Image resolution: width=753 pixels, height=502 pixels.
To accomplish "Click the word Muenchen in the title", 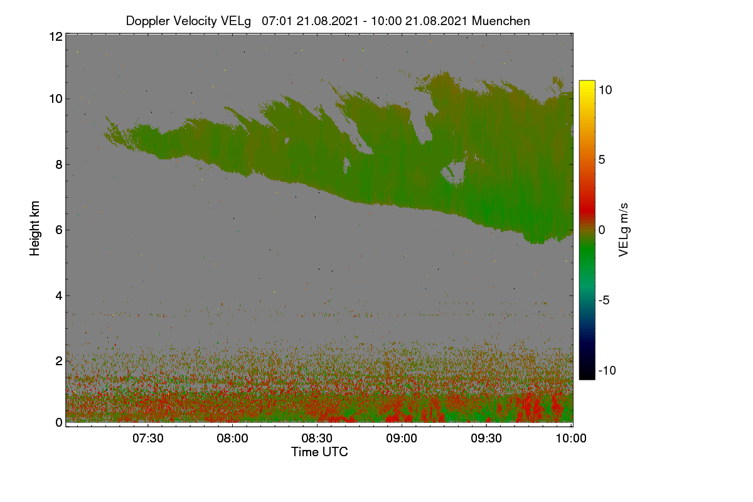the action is pyautogui.click(x=501, y=21).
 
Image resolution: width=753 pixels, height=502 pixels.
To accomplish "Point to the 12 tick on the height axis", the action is pyautogui.click(x=56, y=36).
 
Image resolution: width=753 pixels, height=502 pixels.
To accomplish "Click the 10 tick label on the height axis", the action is pyautogui.click(x=56, y=99).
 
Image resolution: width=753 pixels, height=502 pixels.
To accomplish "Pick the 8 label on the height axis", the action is pyautogui.click(x=59, y=165).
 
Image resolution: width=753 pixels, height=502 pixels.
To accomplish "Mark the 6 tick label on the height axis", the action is pyautogui.click(x=59, y=230).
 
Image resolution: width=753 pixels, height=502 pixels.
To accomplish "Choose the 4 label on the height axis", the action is pyautogui.click(x=59, y=296).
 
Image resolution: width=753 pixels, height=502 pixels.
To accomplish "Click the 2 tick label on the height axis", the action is pyautogui.click(x=59, y=361).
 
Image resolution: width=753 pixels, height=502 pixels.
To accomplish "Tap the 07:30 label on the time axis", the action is pyautogui.click(x=148, y=438).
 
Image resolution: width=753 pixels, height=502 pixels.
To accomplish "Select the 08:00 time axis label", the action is pyautogui.click(x=232, y=438).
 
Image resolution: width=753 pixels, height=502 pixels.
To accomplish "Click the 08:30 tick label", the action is pyautogui.click(x=317, y=438).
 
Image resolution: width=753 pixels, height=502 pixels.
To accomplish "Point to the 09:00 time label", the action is pyautogui.click(x=402, y=438).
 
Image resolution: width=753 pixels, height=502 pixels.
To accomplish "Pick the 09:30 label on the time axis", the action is pyautogui.click(x=486, y=438).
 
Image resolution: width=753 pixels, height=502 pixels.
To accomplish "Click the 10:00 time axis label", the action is pyautogui.click(x=571, y=438).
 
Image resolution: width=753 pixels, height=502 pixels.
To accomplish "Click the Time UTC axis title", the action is pyautogui.click(x=319, y=452).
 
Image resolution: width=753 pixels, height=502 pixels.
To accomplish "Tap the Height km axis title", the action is pyautogui.click(x=35, y=228).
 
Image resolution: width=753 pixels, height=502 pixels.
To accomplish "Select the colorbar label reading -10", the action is pyautogui.click(x=607, y=370).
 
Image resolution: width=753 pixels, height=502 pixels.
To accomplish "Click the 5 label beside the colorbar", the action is pyautogui.click(x=602, y=160).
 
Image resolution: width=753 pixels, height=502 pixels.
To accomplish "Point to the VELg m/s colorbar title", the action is pyautogui.click(x=624, y=230).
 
